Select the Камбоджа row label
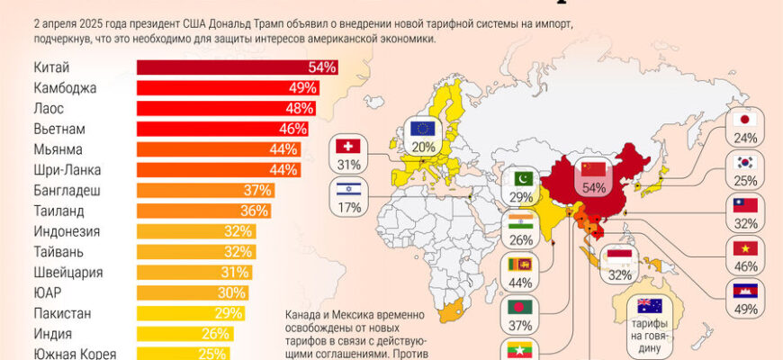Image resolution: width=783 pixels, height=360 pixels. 64,88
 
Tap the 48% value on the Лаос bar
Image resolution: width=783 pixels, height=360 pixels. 299,108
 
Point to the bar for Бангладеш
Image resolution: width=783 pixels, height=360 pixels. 205,190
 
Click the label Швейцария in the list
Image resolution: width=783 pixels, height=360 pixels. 67,272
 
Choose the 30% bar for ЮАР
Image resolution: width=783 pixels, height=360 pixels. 193,292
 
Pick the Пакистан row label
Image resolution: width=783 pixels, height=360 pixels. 65,313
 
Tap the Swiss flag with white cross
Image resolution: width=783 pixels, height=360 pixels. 348,147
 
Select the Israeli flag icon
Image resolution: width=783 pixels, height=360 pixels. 348,190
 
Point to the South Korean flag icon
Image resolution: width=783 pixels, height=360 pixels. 744,163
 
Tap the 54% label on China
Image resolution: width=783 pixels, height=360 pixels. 594,188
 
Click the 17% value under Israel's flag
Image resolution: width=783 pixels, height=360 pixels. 348,208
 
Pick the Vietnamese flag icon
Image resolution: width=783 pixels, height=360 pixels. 744,248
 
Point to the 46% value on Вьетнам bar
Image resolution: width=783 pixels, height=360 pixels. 293,129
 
